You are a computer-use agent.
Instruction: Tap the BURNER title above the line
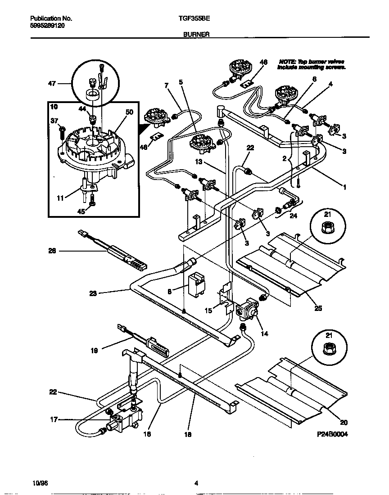tap(195, 34)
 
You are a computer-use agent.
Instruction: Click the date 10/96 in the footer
tap(40, 483)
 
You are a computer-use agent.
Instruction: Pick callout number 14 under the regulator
tap(264, 333)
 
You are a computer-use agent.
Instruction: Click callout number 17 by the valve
tap(54, 420)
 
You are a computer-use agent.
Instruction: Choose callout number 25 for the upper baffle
tap(318, 309)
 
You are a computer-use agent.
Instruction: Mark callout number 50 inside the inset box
tap(129, 112)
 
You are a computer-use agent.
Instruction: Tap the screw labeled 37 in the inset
tap(61, 132)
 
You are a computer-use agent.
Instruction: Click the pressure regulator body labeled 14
tap(248, 311)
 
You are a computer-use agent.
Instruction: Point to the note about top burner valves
tap(312, 64)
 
